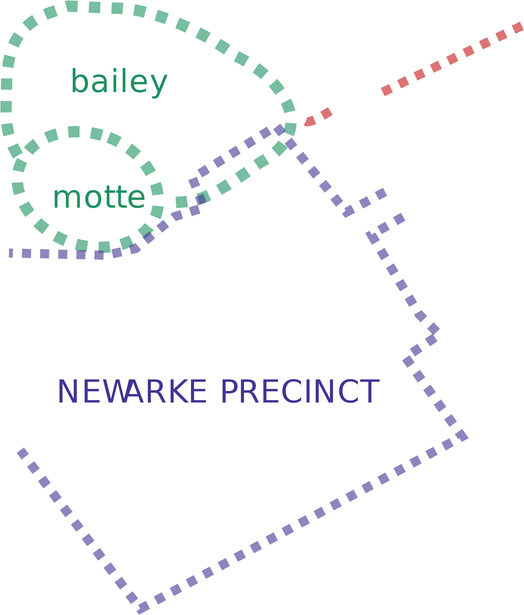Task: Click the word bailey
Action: (x=119, y=82)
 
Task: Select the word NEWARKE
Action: (x=132, y=391)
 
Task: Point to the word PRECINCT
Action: (x=300, y=391)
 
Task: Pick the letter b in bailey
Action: (x=79, y=81)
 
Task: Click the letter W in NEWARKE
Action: (x=113, y=391)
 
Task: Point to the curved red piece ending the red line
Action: (x=309, y=121)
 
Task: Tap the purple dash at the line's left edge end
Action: (x=11, y=253)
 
